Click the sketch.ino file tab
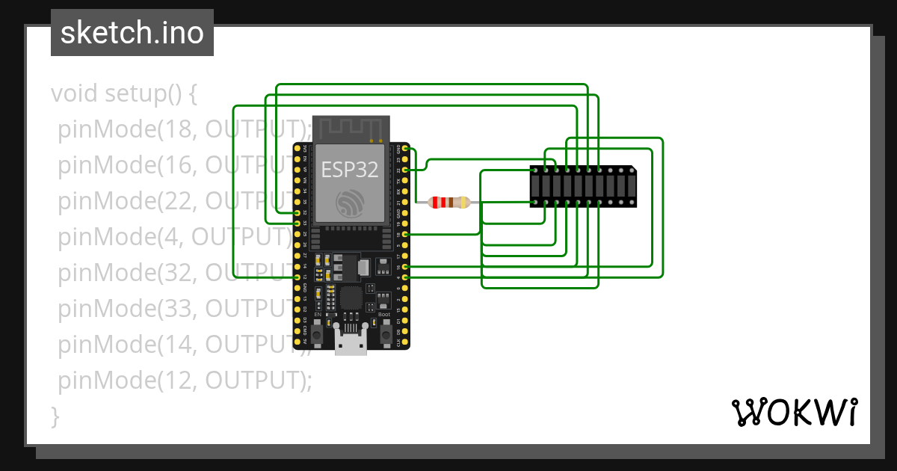(132, 33)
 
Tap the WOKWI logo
(794, 412)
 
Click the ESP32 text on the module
(350, 169)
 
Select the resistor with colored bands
(449, 202)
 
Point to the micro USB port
(350, 345)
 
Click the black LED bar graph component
(583, 187)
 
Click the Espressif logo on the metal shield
(350, 204)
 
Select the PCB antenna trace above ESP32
(351, 128)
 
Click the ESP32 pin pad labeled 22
(404, 170)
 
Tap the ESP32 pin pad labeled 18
(404, 234)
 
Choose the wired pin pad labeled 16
(404, 266)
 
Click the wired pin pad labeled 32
(298, 212)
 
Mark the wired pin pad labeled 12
(298, 277)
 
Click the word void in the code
(75, 94)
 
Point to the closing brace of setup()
(55, 416)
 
